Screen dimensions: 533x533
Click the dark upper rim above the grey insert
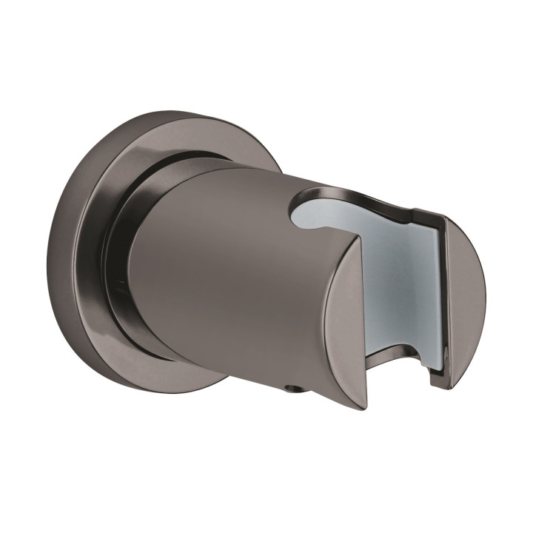(x=370, y=194)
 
